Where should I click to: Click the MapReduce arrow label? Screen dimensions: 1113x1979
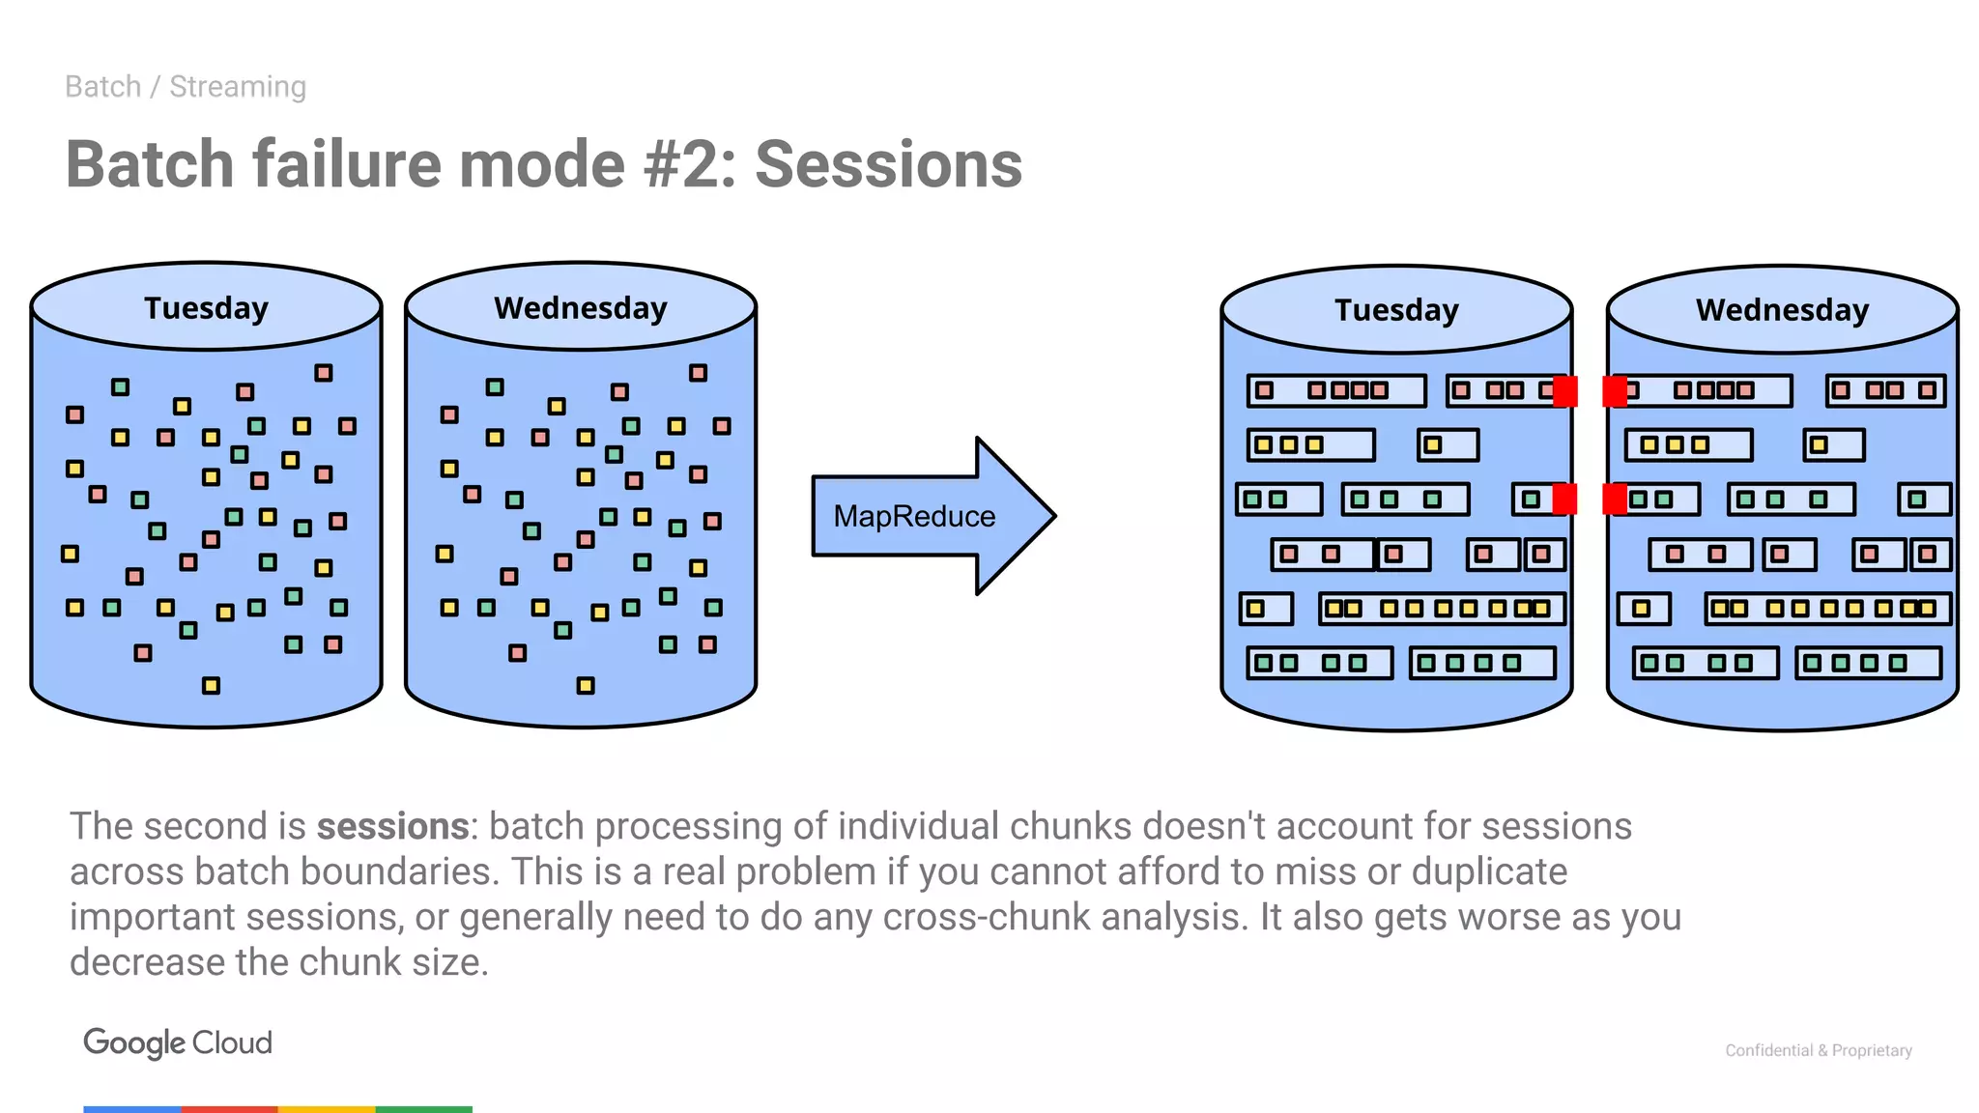click(x=914, y=517)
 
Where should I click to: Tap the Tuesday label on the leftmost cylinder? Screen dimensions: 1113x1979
click(x=206, y=308)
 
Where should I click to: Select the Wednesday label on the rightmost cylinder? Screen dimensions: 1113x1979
click(x=1782, y=310)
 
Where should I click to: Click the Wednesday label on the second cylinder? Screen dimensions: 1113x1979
click(x=581, y=308)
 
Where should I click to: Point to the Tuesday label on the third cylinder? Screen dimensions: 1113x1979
click(x=1396, y=310)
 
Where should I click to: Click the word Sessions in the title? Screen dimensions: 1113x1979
click(x=888, y=164)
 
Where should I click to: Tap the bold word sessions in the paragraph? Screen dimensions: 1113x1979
click(x=392, y=827)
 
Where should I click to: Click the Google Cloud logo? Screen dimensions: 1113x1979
click(x=178, y=1042)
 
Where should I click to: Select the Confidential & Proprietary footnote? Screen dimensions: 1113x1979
click(x=1818, y=1050)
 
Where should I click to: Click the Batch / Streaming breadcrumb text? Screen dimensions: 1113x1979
click(x=186, y=87)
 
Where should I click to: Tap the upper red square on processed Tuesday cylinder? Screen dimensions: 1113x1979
click(x=1564, y=391)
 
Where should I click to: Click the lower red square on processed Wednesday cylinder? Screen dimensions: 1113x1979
click(x=1615, y=499)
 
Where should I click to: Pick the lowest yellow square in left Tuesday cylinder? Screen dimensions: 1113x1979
click(x=211, y=686)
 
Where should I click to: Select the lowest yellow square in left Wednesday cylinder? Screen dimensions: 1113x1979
click(x=586, y=686)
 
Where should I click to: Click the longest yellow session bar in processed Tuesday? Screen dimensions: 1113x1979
click(x=1442, y=609)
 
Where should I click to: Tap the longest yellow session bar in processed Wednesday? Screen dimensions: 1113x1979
click(x=1827, y=609)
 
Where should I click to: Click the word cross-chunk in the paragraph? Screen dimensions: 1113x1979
click(x=986, y=917)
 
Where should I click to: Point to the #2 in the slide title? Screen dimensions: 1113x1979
click(x=682, y=164)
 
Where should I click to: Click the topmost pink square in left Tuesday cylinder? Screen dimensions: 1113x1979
click(x=324, y=373)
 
